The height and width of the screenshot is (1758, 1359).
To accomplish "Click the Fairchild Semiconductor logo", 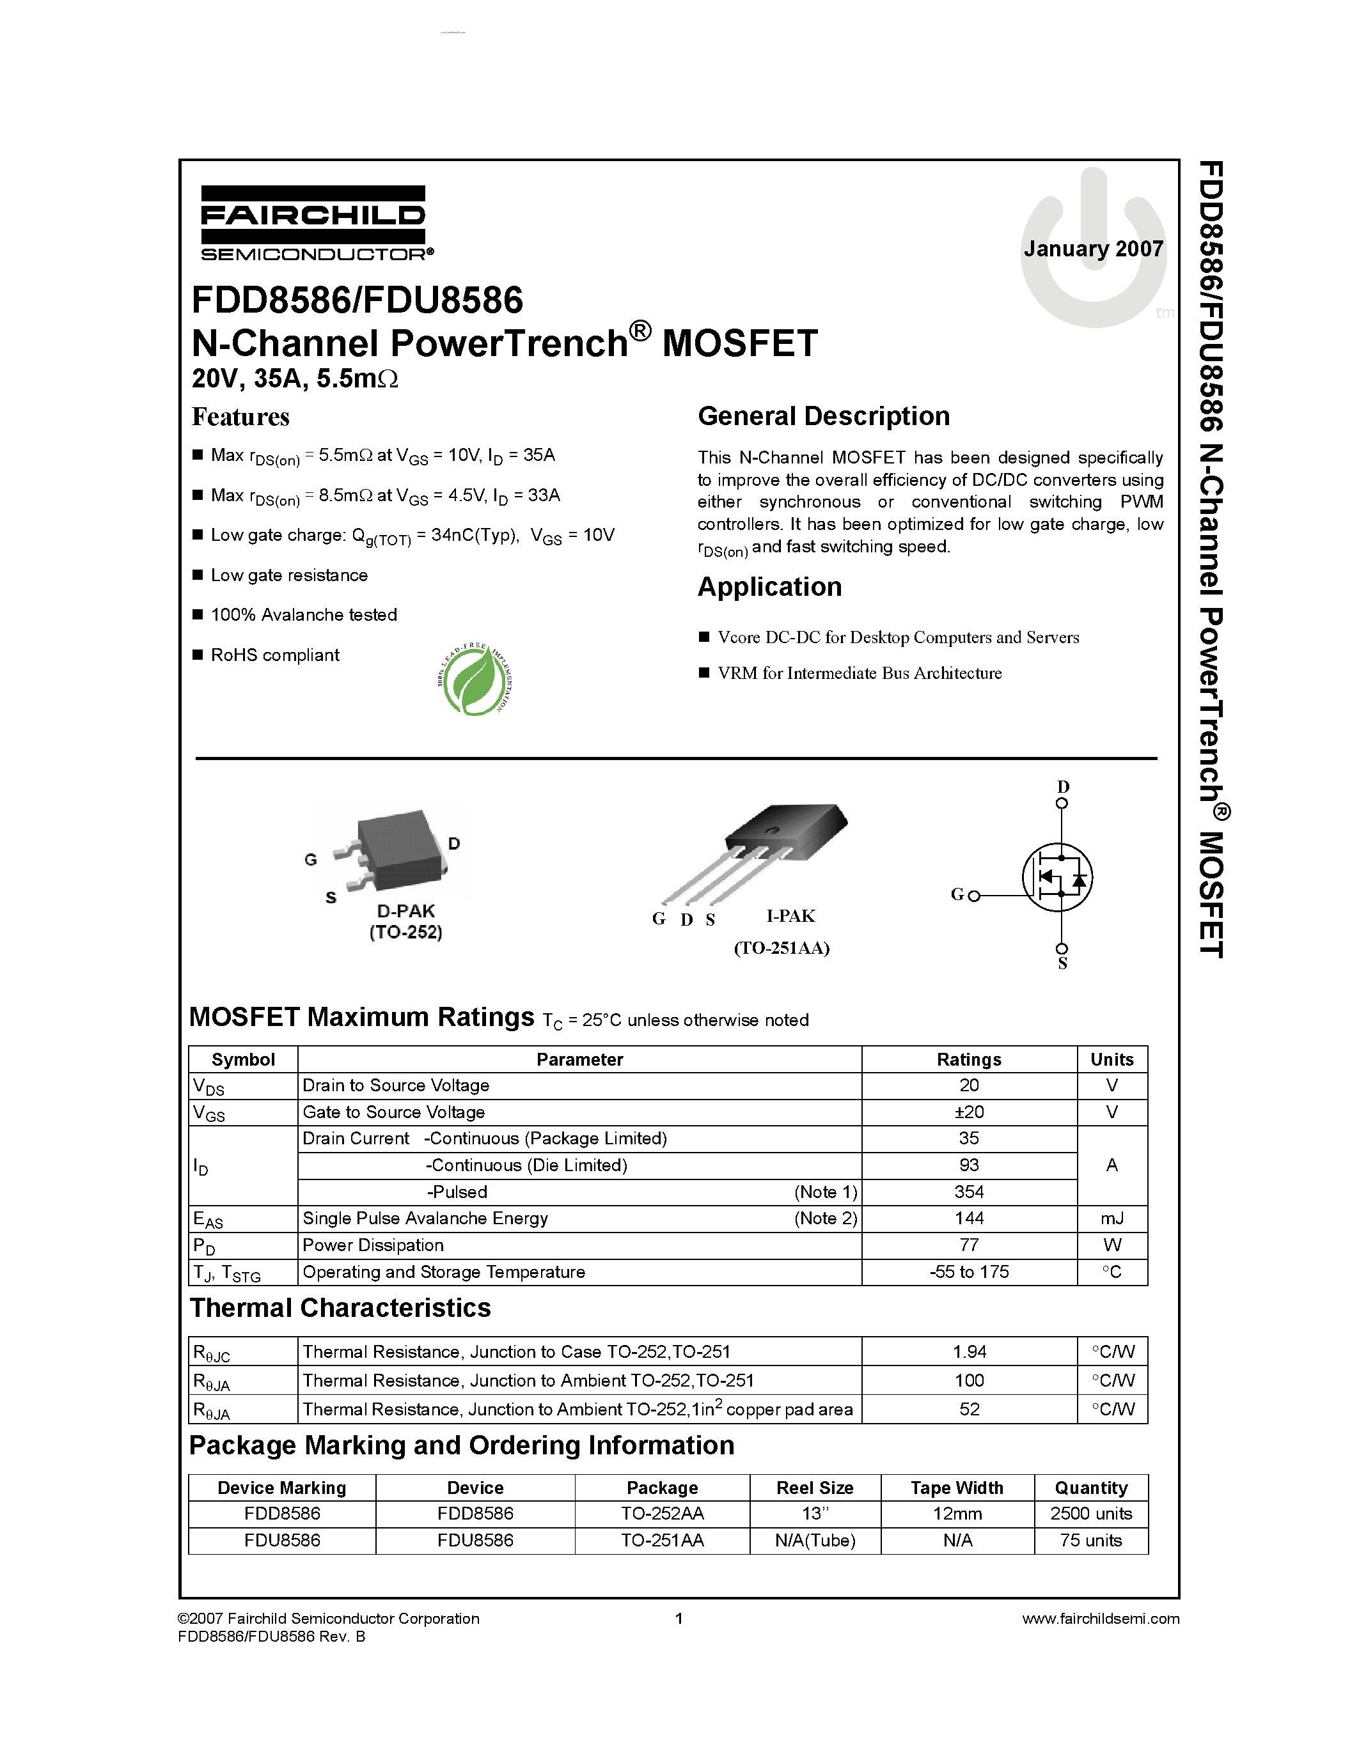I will pyautogui.click(x=314, y=223).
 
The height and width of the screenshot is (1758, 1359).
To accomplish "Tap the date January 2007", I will pyautogui.click(x=1092, y=249).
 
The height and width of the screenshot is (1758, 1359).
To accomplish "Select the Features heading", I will pyautogui.click(x=240, y=417).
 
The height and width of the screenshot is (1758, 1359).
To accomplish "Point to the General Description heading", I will pyautogui.click(x=823, y=416).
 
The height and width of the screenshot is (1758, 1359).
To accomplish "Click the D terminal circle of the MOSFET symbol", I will pyautogui.click(x=1062, y=804).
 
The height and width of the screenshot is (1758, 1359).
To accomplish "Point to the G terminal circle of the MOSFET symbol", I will pyautogui.click(x=974, y=896).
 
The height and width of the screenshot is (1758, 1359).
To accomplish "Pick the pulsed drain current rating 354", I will pyautogui.click(x=968, y=1192).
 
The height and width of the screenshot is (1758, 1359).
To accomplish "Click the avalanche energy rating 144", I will pyautogui.click(x=968, y=1218).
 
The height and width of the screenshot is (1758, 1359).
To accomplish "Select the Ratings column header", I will pyautogui.click(x=968, y=1059).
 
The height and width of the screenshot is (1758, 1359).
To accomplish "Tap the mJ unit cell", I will pyautogui.click(x=1112, y=1218).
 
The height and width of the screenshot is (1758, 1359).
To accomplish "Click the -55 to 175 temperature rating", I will pyautogui.click(x=968, y=1272).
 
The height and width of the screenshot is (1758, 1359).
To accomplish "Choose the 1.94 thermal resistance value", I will pyautogui.click(x=968, y=1351).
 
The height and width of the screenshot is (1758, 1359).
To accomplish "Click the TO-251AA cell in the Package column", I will pyautogui.click(x=662, y=1540).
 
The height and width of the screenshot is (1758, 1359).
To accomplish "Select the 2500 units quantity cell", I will pyautogui.click(x=1091, y=1513).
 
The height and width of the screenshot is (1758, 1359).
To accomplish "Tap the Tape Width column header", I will pyautogui.click(x=957, y=1488).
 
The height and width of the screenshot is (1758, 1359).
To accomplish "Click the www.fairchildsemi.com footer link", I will pyautogui.click(x=1100, y=1619).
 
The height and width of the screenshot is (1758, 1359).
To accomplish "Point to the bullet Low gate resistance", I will pyautogui.click(x=288, y=575).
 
